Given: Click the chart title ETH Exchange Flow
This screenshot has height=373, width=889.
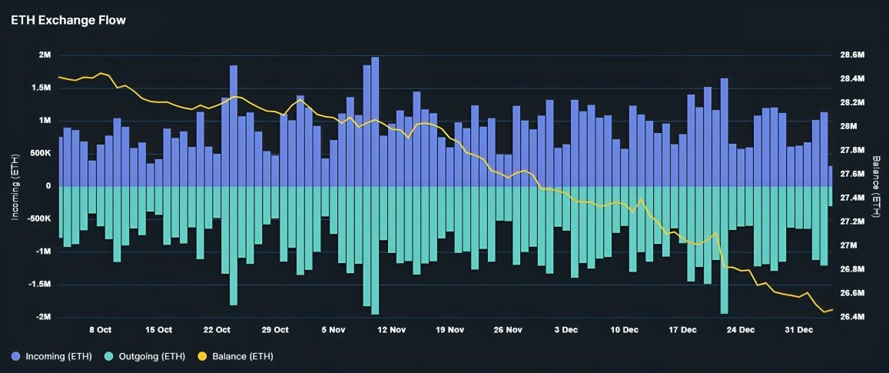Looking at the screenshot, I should [68, 20].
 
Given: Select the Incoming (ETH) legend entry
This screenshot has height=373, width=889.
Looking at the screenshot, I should [58, 356].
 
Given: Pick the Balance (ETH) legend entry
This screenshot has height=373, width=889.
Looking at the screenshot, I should [241, 356].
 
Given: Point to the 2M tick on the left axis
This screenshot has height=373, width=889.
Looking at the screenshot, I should [45, 55].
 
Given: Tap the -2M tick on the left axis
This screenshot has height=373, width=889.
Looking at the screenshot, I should [43, 317].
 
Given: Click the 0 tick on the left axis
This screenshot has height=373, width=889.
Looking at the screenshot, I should [48, 186].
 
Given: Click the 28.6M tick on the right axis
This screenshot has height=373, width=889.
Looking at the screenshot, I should [853, 55].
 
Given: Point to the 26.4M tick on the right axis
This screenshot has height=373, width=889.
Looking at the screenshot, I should [853, 317].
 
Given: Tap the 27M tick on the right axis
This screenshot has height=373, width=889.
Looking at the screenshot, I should [849, 245].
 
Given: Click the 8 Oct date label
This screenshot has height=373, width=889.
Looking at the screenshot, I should [101, 330].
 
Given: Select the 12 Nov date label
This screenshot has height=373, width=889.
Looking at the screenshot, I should [391, 330].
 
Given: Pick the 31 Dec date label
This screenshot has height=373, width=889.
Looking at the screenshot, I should [799, 330].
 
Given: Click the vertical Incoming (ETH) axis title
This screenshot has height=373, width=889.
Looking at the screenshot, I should [15, 186].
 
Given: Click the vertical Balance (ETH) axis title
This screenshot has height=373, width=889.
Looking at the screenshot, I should [876, 186].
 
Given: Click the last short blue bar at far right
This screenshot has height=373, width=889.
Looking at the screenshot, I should [831, 176].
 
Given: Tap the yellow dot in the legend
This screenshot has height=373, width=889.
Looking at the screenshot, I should [203, 356].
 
